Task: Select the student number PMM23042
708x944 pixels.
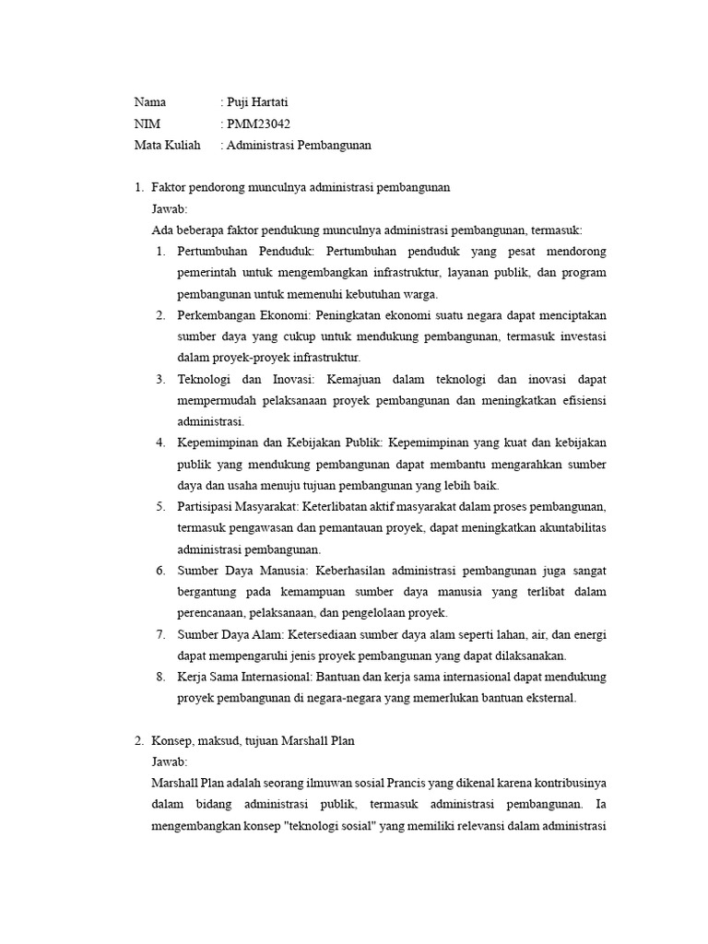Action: (x=265, y=124)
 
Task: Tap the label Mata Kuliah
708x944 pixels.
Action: (x=168, y=145)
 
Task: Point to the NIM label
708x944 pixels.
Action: (x=147, y=124)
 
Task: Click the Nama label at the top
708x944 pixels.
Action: (x=150, y=102)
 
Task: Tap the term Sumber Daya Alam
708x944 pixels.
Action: (x=231, y=634)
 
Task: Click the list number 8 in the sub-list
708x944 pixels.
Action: (x=159, y=677)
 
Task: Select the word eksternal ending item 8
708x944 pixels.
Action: (x=549, y=698)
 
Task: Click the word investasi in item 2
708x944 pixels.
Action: (x=581, y=336)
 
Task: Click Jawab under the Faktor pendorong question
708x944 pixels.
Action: (x=170, y=209)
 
